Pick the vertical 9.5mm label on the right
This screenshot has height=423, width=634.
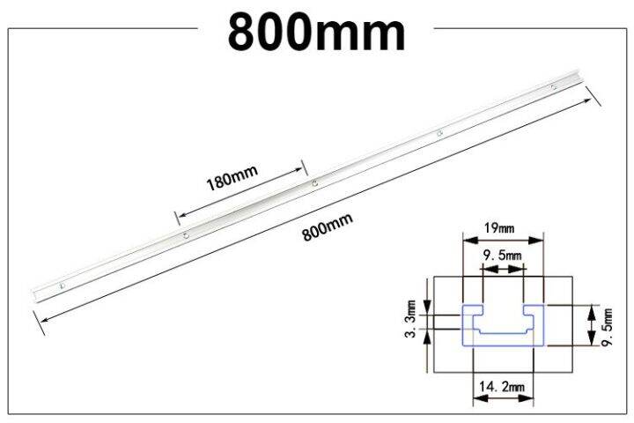click(x=607, y=327)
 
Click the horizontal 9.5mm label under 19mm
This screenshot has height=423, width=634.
click(x=502, y=256)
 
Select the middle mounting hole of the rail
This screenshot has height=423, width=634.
click(x=314, y=183)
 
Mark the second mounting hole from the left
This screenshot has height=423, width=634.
click(x=186, y=235)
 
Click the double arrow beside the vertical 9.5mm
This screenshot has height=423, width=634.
click(x=588, y=327)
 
